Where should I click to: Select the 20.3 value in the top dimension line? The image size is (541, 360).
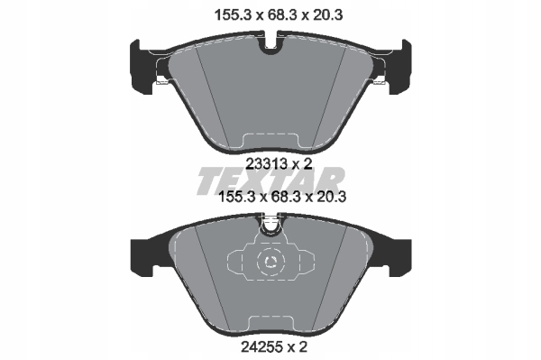point(327,15)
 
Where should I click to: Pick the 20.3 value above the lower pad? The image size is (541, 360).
point(331,197)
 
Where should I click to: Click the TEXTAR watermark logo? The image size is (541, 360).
point(270,180)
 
